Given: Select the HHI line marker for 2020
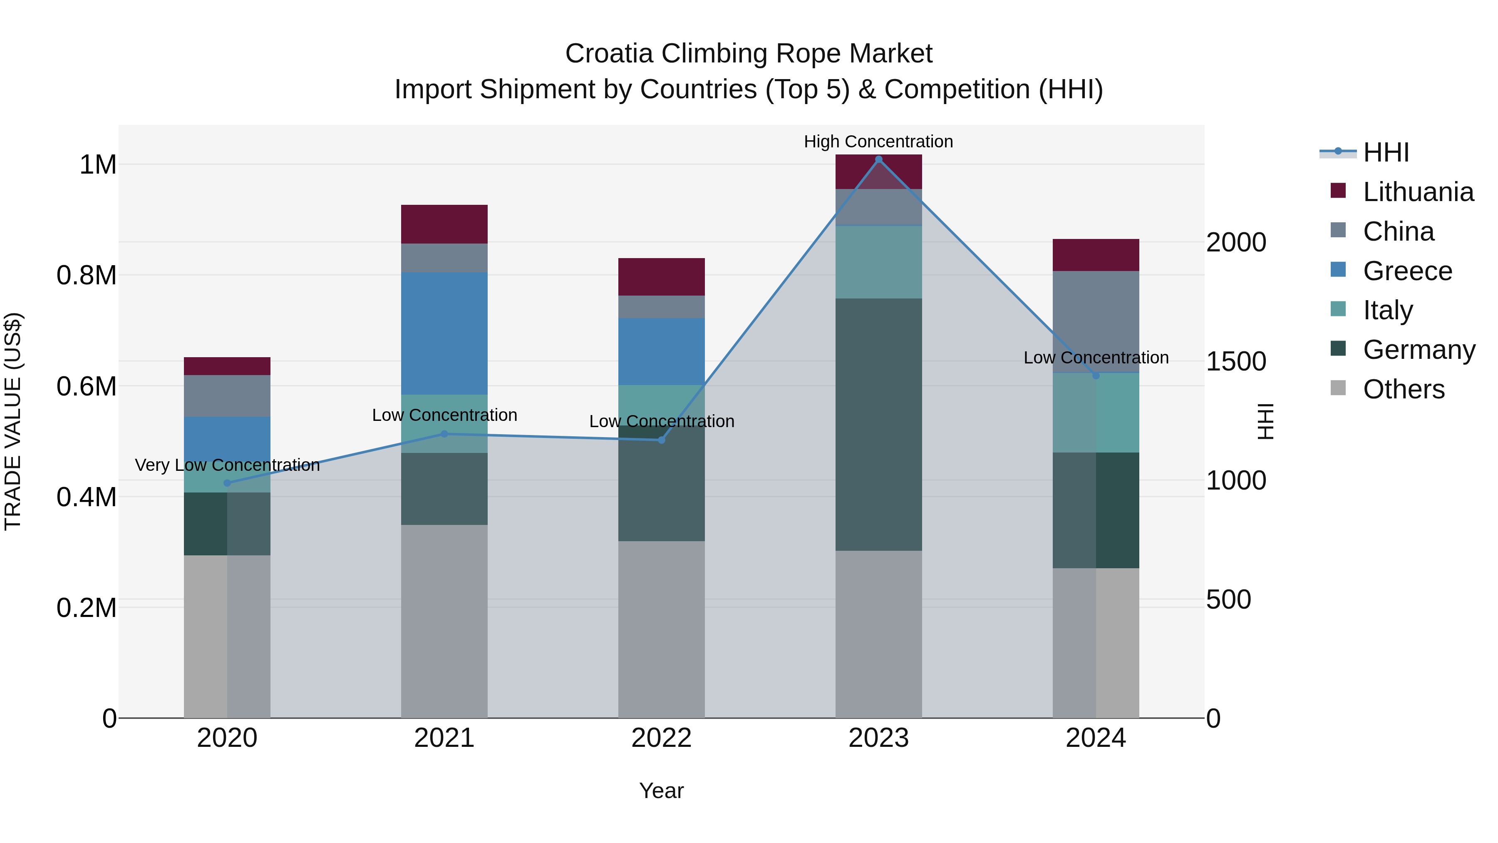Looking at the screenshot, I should (227, 483).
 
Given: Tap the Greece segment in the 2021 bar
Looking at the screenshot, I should (444, 333).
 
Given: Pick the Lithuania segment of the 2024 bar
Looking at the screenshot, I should (1096, 255).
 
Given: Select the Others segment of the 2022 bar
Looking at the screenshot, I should (661, 629).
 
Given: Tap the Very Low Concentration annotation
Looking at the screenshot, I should (227, 465).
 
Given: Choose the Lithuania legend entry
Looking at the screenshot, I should (1418, 192).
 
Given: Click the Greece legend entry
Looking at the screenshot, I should (1407, 271).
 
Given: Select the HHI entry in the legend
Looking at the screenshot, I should (1386, 152).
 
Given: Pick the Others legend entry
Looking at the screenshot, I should (1403, 389).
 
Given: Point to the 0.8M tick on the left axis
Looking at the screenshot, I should (86, 275).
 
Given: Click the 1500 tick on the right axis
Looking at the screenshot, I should (1236, 361).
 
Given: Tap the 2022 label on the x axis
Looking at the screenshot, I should (661, 738).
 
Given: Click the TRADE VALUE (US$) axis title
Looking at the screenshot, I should (13, 421).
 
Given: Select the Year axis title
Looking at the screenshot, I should (661, 791).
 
